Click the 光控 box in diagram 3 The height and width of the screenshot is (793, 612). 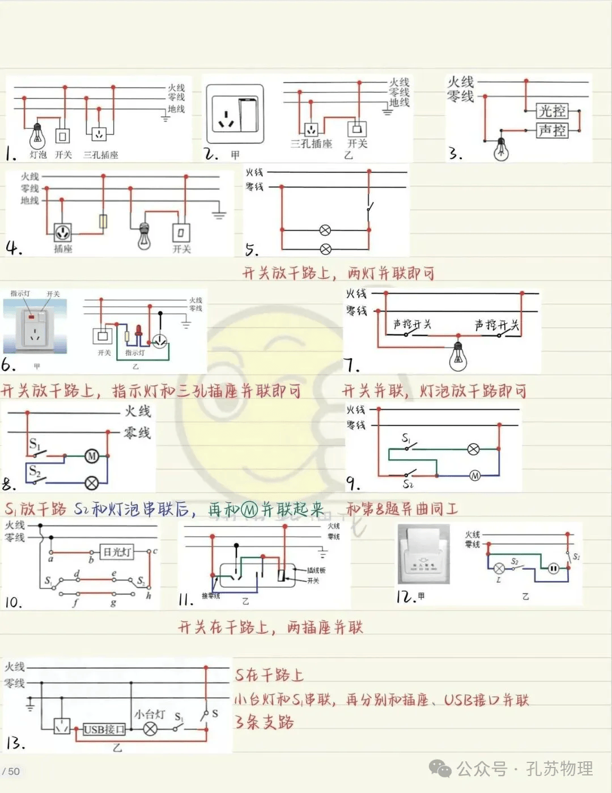(x=552, y=111)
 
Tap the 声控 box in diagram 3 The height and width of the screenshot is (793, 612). (x=552, y=131)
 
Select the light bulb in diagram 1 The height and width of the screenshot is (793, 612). (x=37, y=136)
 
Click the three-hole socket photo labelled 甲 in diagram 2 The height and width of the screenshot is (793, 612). (x=235, y=114)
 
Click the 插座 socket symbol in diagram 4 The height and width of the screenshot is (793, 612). (x=62, y=232)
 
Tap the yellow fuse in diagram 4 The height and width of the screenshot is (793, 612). (x=103, y=222)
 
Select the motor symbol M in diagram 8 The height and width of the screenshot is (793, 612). (x=92, y=456)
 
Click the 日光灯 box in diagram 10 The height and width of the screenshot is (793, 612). (x=118, y=551)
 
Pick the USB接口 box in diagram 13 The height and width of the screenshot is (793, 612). (x=104, y=730)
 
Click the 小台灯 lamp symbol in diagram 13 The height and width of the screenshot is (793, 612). (x=150, y=729)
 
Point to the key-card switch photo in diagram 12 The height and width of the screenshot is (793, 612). (x=424, y=554)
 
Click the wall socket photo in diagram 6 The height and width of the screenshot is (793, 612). (x=35, y=326)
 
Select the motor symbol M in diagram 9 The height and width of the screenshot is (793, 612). (x=475, y=476)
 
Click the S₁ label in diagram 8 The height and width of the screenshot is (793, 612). (x=34, y=444)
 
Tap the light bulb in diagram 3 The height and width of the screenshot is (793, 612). (x=501, y=149)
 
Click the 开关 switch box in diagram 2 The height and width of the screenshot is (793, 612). (x=357, y=129)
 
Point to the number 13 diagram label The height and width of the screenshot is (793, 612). (x=15, y=743)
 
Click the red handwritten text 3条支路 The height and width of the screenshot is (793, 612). (x=264, y=722)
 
